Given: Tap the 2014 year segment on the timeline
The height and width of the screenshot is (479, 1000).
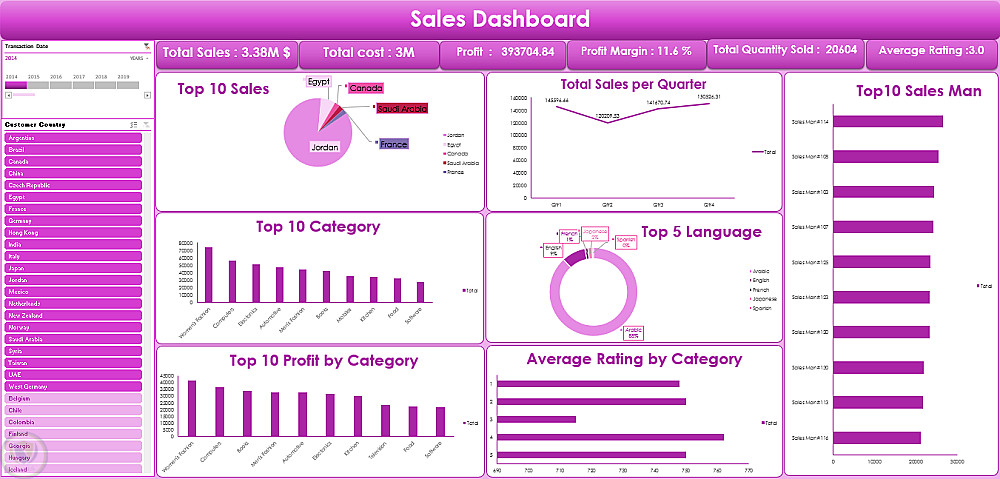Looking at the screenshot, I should coord(15,86).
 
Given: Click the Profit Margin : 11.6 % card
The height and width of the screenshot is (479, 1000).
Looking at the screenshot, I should coord(636,51).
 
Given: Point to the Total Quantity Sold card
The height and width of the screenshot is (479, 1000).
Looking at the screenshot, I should coord(785,49).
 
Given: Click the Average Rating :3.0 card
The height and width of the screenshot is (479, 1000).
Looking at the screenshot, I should coord(931,49).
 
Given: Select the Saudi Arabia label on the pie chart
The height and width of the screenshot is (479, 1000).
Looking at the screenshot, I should coord(402,108).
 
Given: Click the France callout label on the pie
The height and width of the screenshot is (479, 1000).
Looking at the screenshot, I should coord(394,144).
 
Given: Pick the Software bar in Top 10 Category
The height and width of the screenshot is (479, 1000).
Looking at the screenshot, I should coord(420,291).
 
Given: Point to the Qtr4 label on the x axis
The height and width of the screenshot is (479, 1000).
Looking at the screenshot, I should coord(709,204).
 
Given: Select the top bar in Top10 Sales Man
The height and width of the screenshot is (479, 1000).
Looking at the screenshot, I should coord(887,122).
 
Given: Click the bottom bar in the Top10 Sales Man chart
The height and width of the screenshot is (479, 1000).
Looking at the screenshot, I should coord(877,438).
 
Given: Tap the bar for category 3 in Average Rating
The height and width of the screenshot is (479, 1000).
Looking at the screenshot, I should coord(536,419).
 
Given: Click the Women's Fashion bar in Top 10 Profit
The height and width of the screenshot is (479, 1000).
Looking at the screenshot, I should coord(192,408).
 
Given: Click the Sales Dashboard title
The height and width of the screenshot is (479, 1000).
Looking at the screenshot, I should coord(500,19).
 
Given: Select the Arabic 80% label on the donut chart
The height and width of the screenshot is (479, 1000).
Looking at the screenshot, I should coord(634,332).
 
